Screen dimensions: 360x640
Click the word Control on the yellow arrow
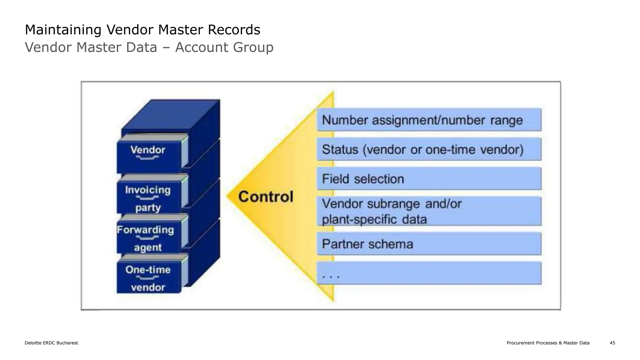pyautogui.click(x=266, y=197)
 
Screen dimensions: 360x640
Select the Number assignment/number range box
pyautogui.click(x=429, y=120)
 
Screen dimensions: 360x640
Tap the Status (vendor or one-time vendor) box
pyautogui.click(x=429, y=149)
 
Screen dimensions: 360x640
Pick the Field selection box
pyautogui.click(x=429, y=179)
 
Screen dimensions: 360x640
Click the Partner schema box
pyautogui.click(x=429, y=244)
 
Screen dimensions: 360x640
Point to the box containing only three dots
pyautogui.click(x=429, y=273)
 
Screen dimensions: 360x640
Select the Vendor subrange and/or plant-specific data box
pyautogui.click(x=429, y=211)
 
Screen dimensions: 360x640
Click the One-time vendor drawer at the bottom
pyautogui.click(x=148, y=278)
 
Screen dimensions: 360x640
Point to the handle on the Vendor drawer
pyautogui.click(x=147, y=158)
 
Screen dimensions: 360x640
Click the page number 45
pyautogui.click(x=612, y=343)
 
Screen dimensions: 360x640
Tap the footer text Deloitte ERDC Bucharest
pyautogui.click(x=51, y=343)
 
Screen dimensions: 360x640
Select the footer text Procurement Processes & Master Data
pyautogui.click(x=548, y=343)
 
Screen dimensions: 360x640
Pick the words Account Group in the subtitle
pyautogui.click(x=224, y=47)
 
